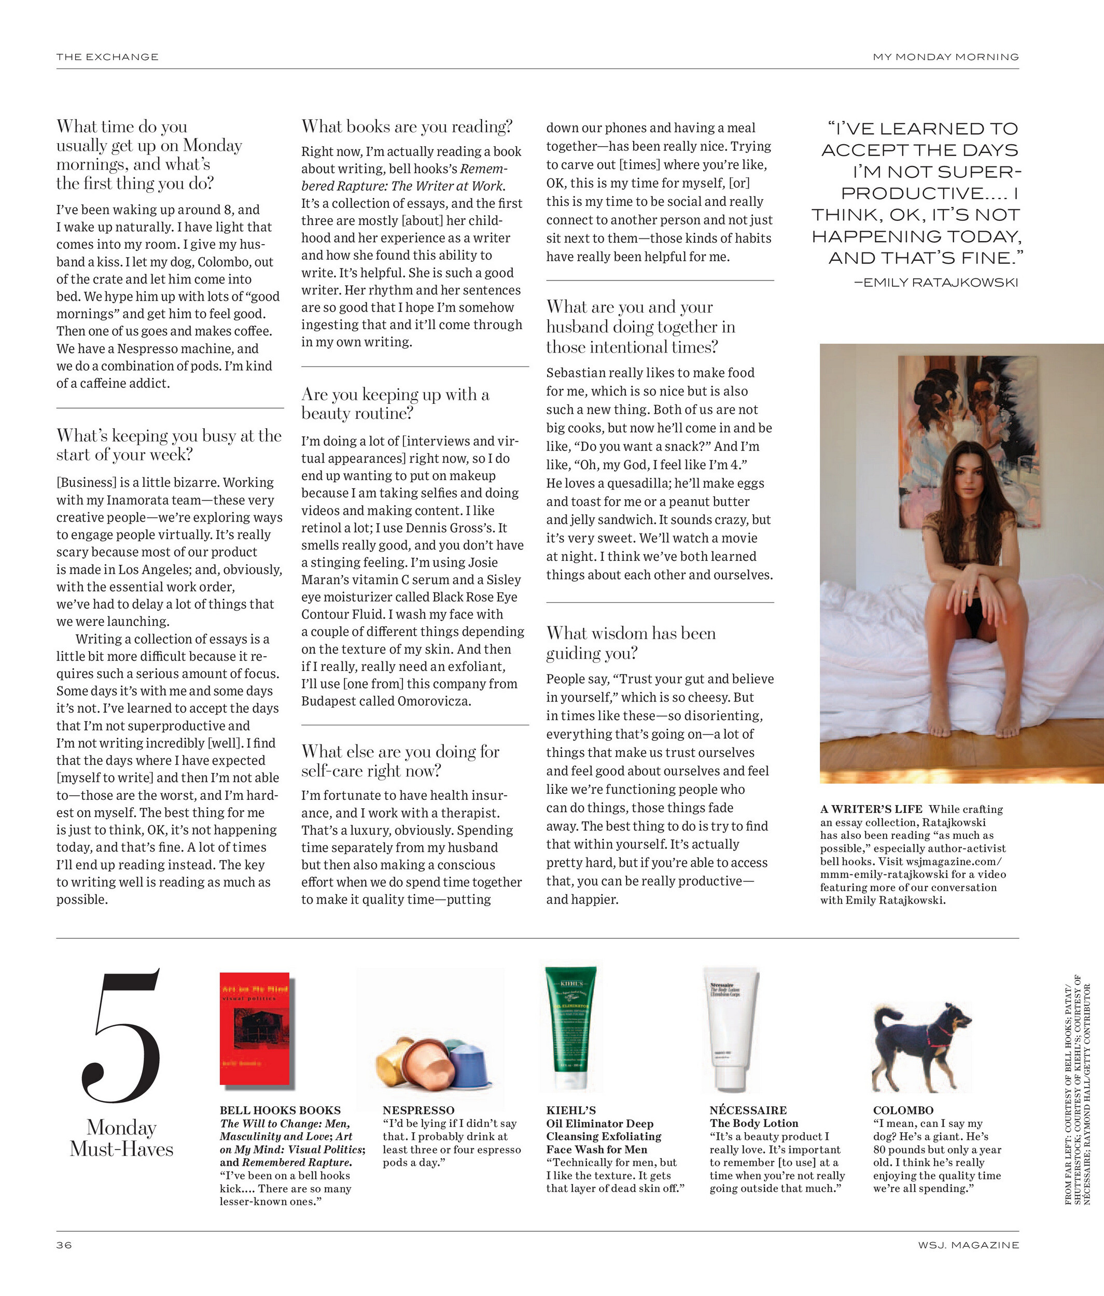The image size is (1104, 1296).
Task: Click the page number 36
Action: coord(64,1245)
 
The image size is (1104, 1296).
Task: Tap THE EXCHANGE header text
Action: coord(107,57)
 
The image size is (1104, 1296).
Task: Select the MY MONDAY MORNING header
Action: coord(945,57)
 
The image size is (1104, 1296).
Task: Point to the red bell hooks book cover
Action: coord(255,1029)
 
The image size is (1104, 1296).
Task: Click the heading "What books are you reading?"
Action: coord(407,127)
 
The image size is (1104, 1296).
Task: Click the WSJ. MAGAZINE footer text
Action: coord(968,1245)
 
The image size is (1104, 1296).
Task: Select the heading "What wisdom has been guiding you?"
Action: coord(631,643)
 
